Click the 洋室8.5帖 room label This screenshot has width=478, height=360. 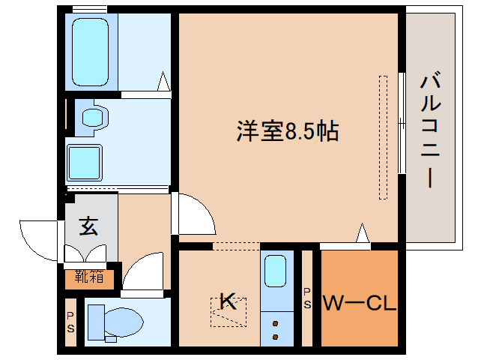288,132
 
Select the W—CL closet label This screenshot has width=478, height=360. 359,304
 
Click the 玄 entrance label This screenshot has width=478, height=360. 89,226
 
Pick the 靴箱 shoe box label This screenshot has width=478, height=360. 89,277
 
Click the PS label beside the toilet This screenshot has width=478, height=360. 70,323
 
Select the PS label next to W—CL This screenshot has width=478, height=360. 307,298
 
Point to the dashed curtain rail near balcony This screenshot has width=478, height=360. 384,136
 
